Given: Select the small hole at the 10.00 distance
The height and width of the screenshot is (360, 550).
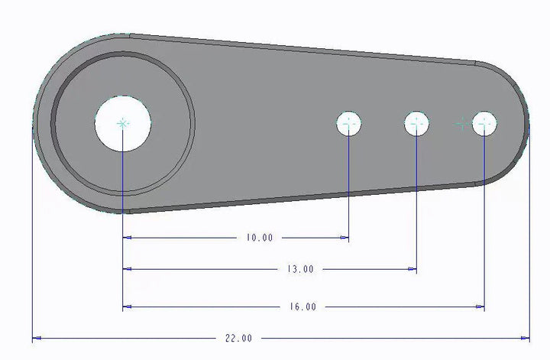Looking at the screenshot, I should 349,123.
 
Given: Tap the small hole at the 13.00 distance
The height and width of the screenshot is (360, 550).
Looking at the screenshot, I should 416,123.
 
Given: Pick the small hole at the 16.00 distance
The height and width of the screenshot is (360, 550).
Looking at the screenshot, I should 484,123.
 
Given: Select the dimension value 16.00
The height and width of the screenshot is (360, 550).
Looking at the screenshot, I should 302,307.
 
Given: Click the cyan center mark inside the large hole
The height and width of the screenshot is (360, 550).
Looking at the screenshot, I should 123,122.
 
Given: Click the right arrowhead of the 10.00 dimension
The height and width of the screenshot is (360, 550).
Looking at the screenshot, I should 345,238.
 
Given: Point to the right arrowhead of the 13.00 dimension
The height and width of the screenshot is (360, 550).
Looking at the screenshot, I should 412,269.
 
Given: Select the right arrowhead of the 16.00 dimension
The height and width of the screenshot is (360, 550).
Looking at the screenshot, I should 480,307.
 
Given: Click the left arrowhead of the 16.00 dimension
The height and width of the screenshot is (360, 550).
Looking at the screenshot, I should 127,307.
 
